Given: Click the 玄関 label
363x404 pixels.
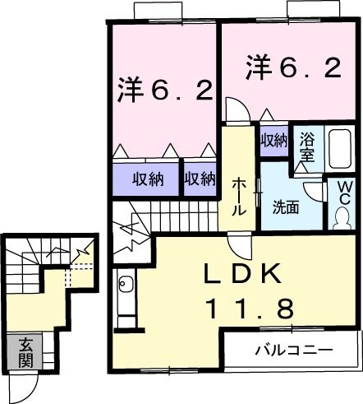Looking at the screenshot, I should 25,351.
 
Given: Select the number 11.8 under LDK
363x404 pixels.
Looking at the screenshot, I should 248,309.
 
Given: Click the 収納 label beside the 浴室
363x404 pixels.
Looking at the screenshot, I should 273,140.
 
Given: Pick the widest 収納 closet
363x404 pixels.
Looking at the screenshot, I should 145,178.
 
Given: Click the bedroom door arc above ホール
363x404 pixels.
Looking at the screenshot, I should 234,109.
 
